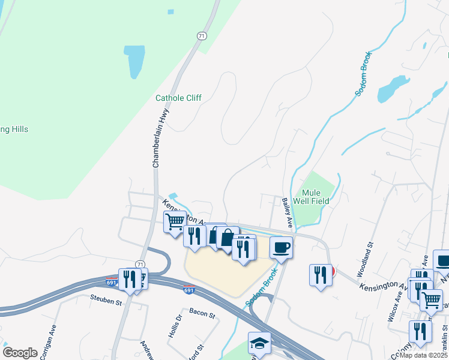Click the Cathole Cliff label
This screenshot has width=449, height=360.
click(178, 98)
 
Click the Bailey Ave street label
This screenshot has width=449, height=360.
click(286, 213)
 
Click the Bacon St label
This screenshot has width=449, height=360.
click(202, 311)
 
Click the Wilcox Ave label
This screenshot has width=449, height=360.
click(392, 308)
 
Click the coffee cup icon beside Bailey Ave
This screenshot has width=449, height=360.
click(281, 247)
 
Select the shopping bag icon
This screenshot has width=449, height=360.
click(228, 238)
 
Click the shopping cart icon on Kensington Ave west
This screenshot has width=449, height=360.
click(175, 222)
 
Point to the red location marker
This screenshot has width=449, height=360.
click(332, 272)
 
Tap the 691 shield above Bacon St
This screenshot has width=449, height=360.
click(188, 290)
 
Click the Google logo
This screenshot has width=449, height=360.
click(20, 353)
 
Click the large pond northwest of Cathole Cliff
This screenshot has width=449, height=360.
click(134, 61)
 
